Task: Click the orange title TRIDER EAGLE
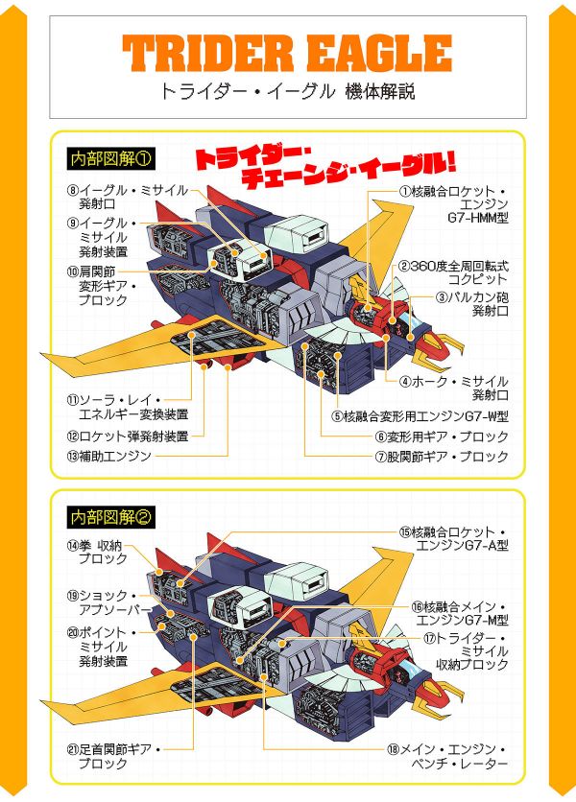[x=287, y=53]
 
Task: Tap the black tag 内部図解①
[x=110, y=159]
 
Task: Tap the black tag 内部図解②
[x=110, y=518]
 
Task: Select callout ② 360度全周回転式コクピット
[x=453, y=272]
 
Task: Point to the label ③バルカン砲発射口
[x=472, y=304]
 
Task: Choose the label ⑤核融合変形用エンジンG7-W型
[x=420, y=416]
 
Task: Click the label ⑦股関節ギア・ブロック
[x=442, y=457]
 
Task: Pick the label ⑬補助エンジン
[x=109, y=456]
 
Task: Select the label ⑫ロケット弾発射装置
[x=128, y=436]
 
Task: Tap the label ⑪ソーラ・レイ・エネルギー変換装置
[x=128, y=407]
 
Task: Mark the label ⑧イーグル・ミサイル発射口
[x=128, y=197]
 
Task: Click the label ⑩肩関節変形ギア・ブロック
[x=102, y=286]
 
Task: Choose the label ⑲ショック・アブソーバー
[x=109, y=602]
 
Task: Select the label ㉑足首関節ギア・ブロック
[x=113, y=757]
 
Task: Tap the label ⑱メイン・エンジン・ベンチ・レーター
[x=447, y=757]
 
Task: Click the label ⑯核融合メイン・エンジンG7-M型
[x=460, y=614]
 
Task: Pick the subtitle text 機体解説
[x=380, y=92]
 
